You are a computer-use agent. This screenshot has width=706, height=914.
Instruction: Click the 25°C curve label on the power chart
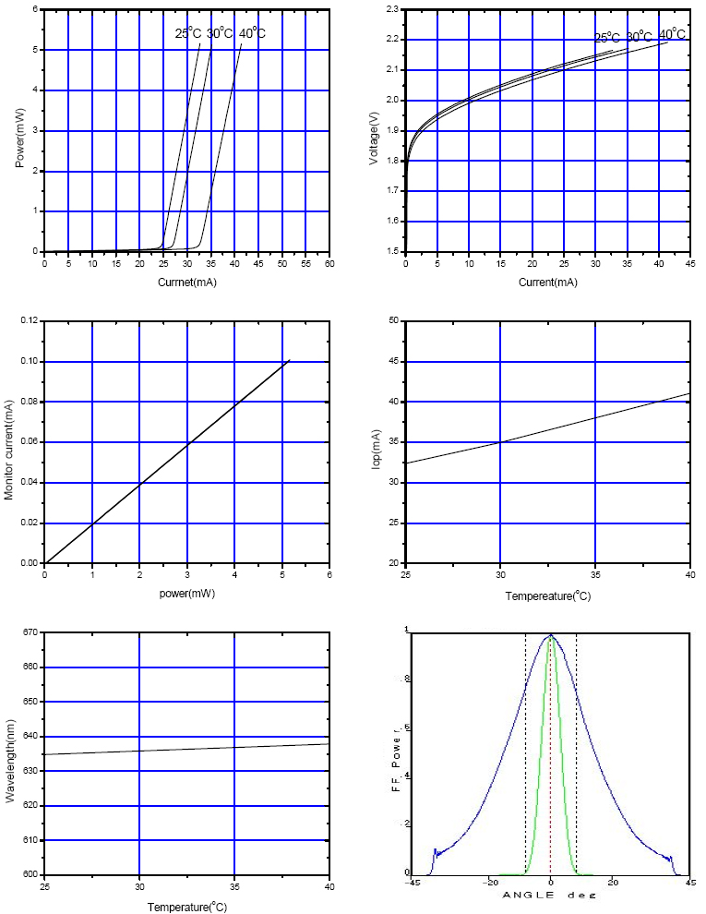point(188,33)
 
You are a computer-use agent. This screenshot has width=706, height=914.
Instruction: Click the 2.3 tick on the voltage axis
point(392,9)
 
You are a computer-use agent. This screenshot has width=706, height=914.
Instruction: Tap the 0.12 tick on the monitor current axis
point(27,321)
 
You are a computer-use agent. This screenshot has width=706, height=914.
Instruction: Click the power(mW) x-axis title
point(186,595)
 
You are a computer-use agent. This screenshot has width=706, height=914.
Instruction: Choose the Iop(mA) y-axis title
point(376,441)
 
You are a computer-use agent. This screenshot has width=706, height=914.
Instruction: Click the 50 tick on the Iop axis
point(394,321)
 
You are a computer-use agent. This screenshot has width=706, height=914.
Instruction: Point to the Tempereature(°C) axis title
point(548,596)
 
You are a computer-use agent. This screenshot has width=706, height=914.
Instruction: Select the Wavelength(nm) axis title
point(11,752)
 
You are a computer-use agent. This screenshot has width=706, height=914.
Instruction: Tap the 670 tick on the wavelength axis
point(29,632)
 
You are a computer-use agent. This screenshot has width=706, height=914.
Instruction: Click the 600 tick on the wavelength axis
point(29,874)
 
